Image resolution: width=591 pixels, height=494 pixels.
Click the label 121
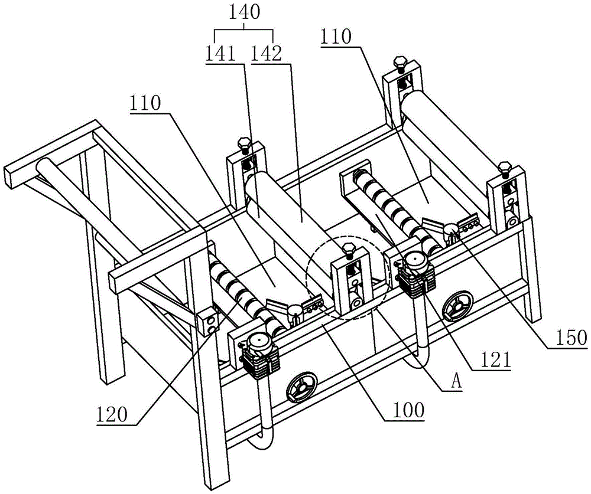tap(492, 359)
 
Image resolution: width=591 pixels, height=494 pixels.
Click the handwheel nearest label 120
tap(300, 390)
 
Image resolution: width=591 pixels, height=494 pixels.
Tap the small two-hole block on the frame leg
tap(208, 321)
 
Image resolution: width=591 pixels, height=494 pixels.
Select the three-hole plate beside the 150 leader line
tap(470, 225)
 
